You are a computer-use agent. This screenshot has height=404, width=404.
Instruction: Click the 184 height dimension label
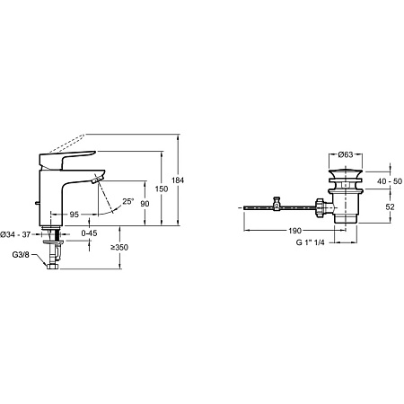[x=178, y=180]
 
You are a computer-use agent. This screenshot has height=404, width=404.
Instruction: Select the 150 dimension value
[x=162, y=189]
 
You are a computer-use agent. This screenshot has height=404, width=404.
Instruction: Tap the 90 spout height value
[x=145, y=204]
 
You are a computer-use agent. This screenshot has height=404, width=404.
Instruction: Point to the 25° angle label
[x=128, y=201]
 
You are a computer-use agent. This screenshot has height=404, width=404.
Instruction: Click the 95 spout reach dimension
[x=74, y=215]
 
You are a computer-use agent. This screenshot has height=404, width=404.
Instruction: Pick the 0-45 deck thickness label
[x=89, y=233]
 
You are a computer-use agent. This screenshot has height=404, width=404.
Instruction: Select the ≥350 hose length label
[x=119, y=247]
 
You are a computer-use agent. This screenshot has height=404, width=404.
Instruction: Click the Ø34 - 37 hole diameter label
[x=15, y=234]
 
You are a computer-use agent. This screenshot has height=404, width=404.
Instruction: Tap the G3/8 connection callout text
[x=21, y=255]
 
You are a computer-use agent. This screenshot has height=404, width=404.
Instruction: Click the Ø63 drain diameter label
[x=346, y=154]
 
